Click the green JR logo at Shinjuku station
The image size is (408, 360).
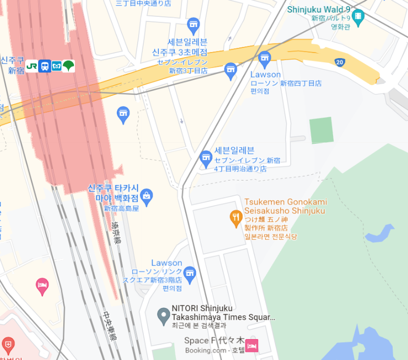coord(32,66)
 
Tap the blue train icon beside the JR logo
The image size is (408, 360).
coord(44,66)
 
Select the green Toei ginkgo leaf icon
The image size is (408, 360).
coord(68,66)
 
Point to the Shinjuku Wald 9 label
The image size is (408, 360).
coord(319,9)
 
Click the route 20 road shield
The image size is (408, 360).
coord(339,62)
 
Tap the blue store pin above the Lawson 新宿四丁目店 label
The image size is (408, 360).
coord(265,59)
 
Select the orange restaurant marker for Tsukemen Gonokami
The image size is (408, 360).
coord(235,218)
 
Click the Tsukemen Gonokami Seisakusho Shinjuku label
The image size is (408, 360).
coord(285,207)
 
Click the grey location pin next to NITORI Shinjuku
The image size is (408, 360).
coord(163,316)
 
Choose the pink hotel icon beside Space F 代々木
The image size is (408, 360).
coord(251,345)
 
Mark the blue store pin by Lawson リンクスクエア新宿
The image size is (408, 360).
coord(190,273)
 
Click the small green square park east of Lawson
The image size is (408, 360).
coord(321,130)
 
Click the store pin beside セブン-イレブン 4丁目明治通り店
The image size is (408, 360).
coord(206,158)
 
